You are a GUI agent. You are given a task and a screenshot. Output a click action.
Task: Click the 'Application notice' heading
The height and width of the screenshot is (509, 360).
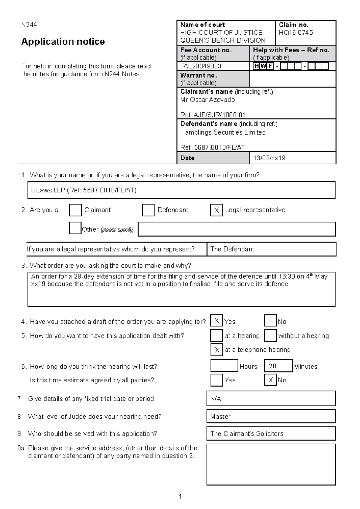[63, 42]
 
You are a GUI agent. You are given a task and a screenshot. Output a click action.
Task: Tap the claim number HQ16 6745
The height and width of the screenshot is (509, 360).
[295, 33]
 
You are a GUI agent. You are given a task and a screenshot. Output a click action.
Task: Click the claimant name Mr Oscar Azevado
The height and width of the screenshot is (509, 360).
[207, 100]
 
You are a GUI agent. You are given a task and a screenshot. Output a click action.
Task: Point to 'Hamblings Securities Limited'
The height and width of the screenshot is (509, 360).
[223, 132]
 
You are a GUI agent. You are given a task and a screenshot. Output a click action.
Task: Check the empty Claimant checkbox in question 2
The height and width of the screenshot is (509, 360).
[75, 210]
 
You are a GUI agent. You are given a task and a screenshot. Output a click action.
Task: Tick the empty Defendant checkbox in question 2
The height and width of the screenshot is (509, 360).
[148, 210]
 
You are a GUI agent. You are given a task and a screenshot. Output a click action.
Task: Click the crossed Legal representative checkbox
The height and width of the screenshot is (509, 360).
[216, 210]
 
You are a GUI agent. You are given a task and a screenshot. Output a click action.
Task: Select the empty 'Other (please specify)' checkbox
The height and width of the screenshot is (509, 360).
[75, 228]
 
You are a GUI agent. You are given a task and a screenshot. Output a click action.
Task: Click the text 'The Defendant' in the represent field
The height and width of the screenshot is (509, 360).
[232, 249]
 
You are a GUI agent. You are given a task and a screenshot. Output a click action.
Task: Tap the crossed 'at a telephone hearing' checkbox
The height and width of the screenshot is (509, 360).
[217, 350]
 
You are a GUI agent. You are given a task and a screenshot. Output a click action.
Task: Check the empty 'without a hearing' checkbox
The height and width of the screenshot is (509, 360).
[270, 336]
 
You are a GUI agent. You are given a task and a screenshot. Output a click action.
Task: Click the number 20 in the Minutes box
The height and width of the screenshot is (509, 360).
[272, 366]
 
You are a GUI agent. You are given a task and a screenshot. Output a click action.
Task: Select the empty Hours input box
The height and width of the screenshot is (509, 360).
[224, 366]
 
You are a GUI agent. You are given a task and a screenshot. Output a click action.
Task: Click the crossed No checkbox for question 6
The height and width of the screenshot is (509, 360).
[270, 380]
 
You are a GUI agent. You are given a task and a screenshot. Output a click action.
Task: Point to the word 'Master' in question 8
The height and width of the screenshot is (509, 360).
[220, 417]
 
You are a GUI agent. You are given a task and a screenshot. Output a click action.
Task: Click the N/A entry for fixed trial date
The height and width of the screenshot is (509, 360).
[216, 399]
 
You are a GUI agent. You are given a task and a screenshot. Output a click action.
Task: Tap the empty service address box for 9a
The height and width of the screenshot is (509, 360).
[271, 464]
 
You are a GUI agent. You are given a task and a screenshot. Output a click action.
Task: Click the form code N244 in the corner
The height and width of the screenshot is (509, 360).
[29, 25]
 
